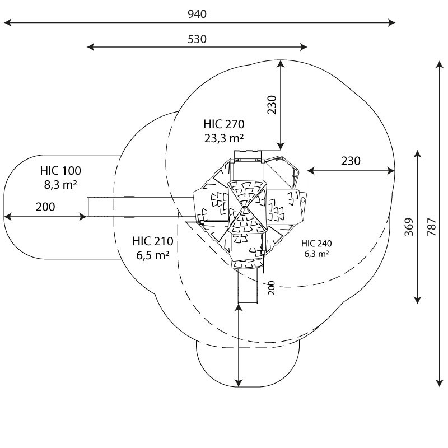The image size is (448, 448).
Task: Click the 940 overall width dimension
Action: (197, 14)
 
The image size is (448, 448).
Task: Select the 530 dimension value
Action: (197, 39)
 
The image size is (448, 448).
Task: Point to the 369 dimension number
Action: (409, 227)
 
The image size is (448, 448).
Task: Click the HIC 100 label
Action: (60, 170)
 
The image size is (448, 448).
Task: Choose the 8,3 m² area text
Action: (60, 184)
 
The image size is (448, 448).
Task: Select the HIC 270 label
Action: (224, 124)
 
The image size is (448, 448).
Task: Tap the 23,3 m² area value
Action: (224, 138)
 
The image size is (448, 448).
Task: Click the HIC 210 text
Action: (153, 241)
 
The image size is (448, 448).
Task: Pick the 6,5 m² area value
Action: (153, 255)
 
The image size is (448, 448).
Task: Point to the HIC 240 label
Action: (316, 243)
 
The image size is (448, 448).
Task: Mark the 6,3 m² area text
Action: (316, 254)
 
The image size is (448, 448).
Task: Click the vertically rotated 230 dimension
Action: (272, 105)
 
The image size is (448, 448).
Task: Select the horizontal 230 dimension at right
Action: (351, 161)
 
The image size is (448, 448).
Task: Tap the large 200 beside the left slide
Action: (46, 207)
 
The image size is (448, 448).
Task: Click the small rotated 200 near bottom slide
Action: (272, 288)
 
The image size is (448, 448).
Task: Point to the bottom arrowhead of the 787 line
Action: (438, 384)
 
